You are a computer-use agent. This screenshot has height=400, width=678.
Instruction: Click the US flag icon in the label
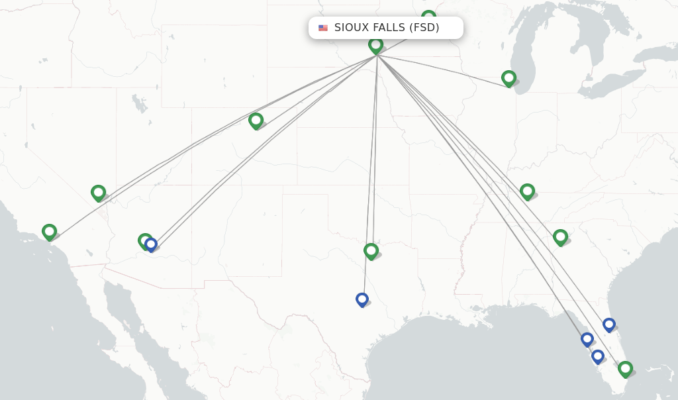(323, 28)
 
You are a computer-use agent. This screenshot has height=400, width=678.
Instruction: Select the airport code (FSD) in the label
(424, 28)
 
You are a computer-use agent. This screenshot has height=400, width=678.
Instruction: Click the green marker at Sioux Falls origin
(376, 45)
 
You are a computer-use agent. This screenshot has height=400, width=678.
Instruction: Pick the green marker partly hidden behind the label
(429, 16)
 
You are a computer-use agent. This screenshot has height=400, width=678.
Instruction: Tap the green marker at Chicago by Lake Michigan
(508, 78)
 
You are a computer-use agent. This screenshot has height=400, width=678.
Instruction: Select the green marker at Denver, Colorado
(256, 120)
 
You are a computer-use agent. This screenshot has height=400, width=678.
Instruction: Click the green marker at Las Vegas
(99, 193)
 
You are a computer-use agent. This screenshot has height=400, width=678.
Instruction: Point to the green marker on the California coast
(49, 231)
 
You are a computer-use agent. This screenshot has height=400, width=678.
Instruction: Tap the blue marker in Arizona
(152, 244)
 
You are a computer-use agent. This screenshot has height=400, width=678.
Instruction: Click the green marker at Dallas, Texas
(371, 250)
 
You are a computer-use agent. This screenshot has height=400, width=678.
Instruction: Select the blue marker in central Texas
(362, 299)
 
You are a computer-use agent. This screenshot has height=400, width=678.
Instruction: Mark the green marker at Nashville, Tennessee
(527, 191)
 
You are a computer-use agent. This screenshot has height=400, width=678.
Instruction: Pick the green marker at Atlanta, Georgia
(560, 236)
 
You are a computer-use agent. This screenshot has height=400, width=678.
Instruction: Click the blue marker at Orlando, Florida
(609, 325)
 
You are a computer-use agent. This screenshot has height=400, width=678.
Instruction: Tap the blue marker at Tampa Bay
(587, 339)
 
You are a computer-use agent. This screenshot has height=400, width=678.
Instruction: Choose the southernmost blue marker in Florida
(598, 356)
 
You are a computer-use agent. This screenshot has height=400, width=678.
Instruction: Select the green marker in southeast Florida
(625, 368)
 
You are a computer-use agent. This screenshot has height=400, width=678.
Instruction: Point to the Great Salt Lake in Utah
(140, 103)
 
